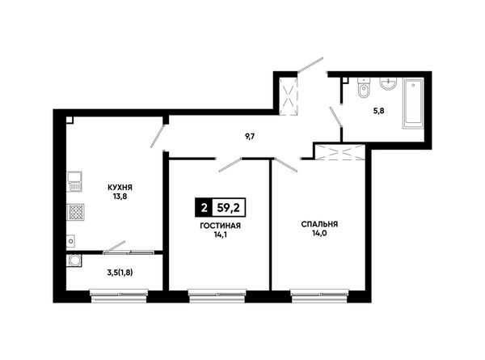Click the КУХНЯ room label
click(120, 188)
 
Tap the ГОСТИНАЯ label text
click(220, 226)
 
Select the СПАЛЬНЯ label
click(319, 224)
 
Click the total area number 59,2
click(229, 207)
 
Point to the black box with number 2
click(204, 207)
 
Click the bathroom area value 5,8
click(379, 111)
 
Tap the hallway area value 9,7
click(250, 137)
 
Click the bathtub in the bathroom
click(413, 103)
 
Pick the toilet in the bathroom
click(364, 88)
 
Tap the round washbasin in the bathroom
click(388, 83)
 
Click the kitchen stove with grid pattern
click(76, 212)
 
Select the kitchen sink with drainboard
click(74, 182)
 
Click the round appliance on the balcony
click(74, 260)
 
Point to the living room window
click(217, 295)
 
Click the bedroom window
click(319, 295)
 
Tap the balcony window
click(119, 295)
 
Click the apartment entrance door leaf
click(310, 65)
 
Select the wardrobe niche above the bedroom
click(339, 152)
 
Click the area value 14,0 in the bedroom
click(319, 233)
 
